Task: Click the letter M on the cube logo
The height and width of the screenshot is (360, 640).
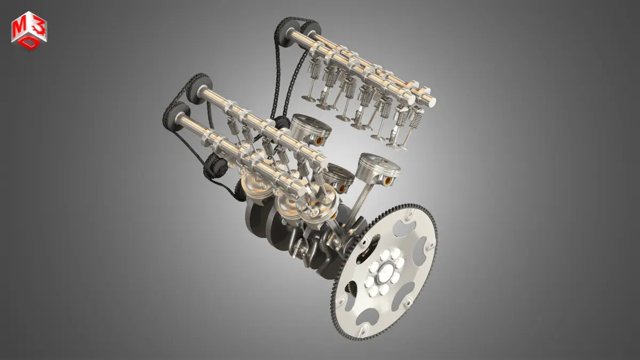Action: click(18, 28)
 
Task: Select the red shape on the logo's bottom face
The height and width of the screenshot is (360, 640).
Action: click(29, 43)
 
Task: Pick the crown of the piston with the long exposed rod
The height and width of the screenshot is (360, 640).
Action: click(379, 165)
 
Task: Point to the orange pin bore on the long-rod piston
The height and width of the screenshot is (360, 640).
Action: click(388, 181)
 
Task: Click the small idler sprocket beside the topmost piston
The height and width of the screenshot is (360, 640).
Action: click(282, 123)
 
